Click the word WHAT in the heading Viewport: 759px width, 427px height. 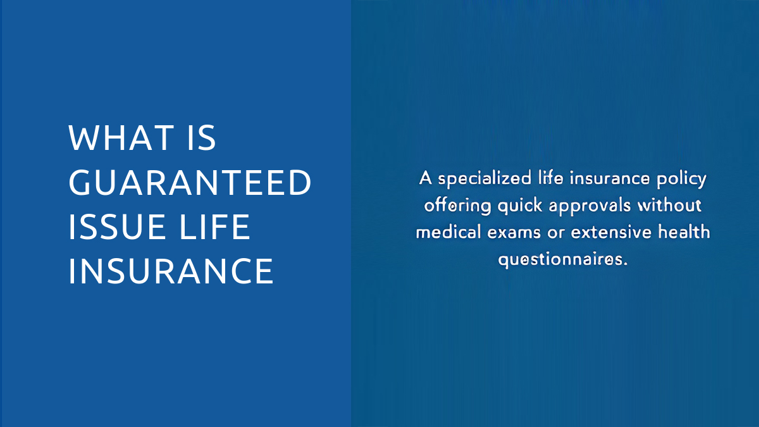pos(121,138)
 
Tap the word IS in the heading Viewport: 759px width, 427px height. pos(201,138)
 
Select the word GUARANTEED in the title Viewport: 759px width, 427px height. pos(190,182)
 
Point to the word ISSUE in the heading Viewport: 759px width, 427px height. pos(116,226)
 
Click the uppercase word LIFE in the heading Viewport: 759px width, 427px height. pos(214,226)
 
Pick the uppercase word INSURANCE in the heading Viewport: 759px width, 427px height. pos(171,271)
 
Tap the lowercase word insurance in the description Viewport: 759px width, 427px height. pos(610,179)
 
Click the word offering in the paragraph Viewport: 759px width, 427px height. pos(457,206)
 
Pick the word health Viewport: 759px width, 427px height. pos(684,232)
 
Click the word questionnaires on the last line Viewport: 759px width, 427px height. pos(562,260)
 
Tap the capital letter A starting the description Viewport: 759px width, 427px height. pos(425,178)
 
